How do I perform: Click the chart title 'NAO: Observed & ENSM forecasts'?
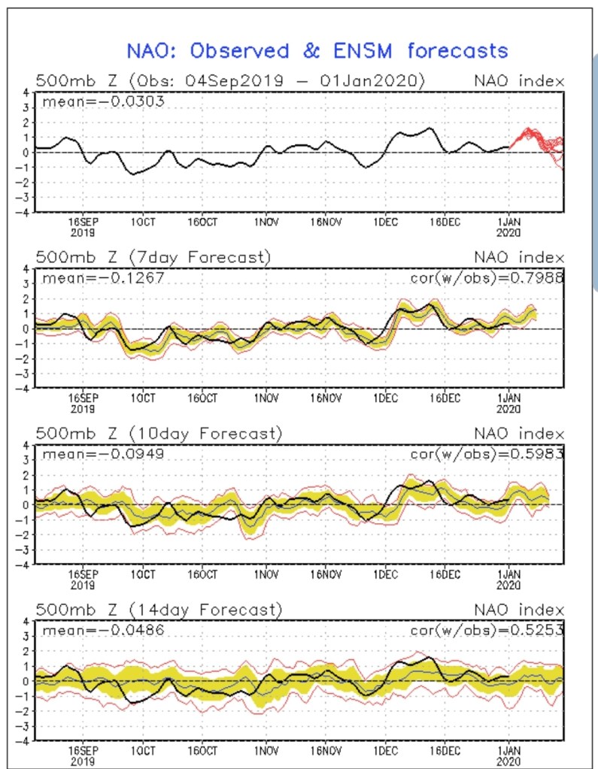tap(317, 51)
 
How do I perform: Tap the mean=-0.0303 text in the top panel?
tap(102, 101)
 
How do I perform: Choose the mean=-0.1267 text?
tap(102, 278)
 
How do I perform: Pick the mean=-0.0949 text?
tap(102, 455)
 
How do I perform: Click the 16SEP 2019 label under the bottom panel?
tap(83, 755)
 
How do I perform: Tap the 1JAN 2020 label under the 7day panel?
tap(509, 404)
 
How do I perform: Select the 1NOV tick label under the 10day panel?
tap(266, 574)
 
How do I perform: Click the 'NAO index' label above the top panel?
tap(519, 80)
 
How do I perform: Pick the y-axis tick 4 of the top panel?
tap(26, 92)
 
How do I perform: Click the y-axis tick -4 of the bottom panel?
tap(24, 741)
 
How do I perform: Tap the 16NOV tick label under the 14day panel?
tap(326, 750)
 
